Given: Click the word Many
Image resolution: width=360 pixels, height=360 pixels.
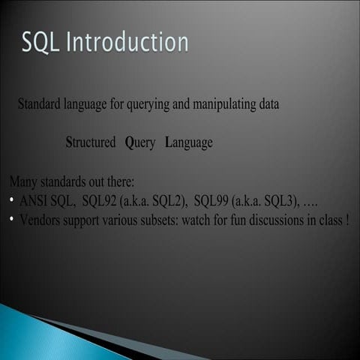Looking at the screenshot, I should pyautogui.click(x=22, y=182).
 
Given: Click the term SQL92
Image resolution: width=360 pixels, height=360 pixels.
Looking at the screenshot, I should pyautogui.click(x=100, y=201).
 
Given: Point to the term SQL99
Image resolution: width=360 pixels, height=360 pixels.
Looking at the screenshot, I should pyautogui.click(x=211, y=201).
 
